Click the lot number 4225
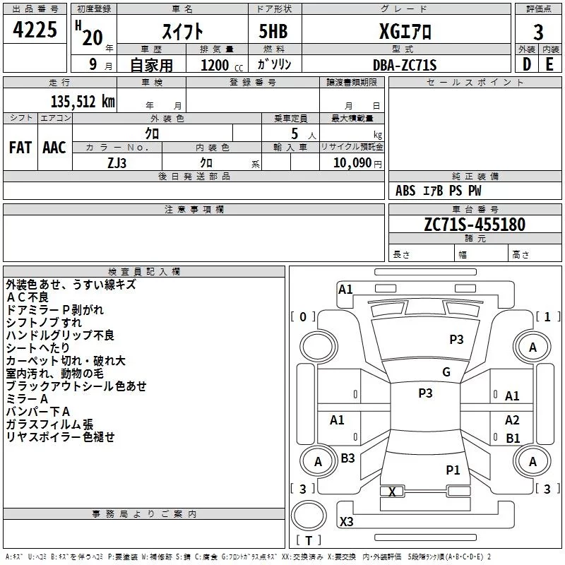[x=35, y=29]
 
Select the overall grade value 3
[x=538, y=32]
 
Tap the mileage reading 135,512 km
[x=83, y=102]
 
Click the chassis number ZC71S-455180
[x=475, y=224]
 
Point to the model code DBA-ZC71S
[x=405, y=65]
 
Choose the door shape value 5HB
[x=273, y=31]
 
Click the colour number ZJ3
[x=117, y=163]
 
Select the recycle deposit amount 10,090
[x=352, y=163]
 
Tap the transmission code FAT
[x=20, y=148]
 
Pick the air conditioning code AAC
[x=54, y=148]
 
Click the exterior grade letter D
[x=527, y=64]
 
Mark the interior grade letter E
[x=549, y=64]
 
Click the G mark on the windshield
[x=446, y=372]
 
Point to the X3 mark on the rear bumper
[x=346, y=521]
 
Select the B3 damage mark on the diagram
[x=347, y=458]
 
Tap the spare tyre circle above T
[x=309, y=516]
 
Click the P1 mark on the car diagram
[x=453, y=470]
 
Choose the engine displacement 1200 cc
[x=222, y=65]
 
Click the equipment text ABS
[x=405, y=191]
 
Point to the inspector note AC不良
[x=28, y=297]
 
